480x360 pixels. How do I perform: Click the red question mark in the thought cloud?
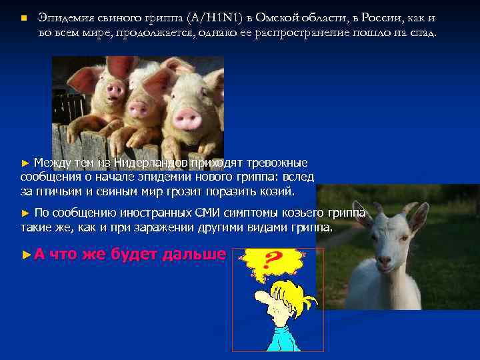pyautogui.click(x=271, y=261)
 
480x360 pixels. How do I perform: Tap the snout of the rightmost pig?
pyautogui.click(x=187, y=119)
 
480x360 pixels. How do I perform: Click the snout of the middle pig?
pyautogui.click(x=142, y=110)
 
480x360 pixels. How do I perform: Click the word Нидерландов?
pyautogui.click(x=151, y=162)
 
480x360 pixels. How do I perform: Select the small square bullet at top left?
pyautogui.click(x=23, y=17)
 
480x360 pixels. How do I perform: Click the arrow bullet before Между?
pyautogui.click(x=26, y=163)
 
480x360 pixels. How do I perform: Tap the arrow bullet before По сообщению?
pyautogui.click(x=26, y=213)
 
